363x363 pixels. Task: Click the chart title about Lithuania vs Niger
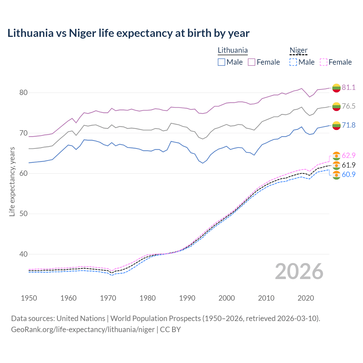[x=128, y=33]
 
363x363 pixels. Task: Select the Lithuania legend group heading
[x=233, y=50]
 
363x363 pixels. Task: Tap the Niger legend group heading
[x=298, y=50]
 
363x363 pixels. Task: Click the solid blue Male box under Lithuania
[x=221, y=62]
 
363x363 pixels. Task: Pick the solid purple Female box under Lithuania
[x=252, y=62]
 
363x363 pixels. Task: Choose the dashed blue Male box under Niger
[x=293, y=62]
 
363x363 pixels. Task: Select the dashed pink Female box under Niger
[x=323, y=62]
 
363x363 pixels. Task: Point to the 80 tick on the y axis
[x=23, y=93]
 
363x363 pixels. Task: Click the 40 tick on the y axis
[x=23, y=254]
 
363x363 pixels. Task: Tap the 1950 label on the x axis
[x=29, y=298]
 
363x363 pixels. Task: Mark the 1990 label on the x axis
[x=187, y=298]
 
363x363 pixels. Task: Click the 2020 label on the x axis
[x=306, y=298]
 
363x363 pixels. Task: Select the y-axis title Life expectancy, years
[x=12, y=181]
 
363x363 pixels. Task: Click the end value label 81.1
[x=349, y=87]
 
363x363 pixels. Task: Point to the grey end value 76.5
[x=349, y=106]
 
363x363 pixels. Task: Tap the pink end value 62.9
[x=349, y=155]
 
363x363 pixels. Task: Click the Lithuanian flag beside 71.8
[x=336, y=125]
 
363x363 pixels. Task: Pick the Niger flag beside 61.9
[x=336, y=165]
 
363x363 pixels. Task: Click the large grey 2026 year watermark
[x=299, y=271]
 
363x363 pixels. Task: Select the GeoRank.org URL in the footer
[x=83, y=330]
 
